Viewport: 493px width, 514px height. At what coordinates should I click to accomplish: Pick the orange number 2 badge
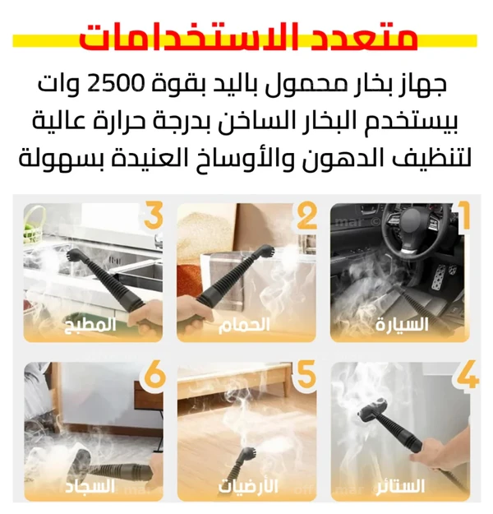(x=307, y=215)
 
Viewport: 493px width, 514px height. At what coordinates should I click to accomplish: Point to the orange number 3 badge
(x=154, y=215)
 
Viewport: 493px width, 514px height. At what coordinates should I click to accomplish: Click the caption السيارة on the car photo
(x=402, y=325)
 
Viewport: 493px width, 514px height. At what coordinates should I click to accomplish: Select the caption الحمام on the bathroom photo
(x=244, y=325)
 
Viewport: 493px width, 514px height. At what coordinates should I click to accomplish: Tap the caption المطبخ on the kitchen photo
(x=90, y=325)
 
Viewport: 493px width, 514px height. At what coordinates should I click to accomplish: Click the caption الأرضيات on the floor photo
(x=248, y=486)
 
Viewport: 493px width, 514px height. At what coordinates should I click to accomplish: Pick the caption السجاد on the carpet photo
(x=90, y=486)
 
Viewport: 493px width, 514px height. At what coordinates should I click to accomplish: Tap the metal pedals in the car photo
(x=442, y=276)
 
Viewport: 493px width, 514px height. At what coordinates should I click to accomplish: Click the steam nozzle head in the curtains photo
(x=374, y=410)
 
